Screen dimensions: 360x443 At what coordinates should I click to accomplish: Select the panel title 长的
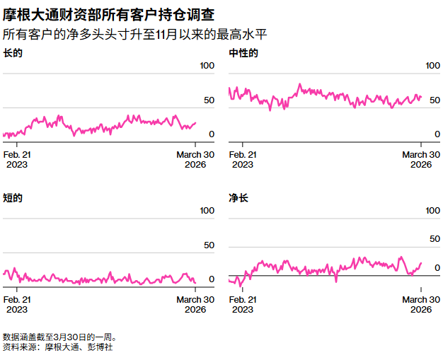point(13,53)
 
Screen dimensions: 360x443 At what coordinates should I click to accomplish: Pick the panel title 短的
point(13,198)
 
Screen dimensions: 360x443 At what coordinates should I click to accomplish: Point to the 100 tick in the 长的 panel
point(207,66)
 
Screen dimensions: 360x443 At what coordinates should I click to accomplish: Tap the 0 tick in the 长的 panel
point(211,134)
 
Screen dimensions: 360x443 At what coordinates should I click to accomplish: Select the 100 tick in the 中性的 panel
point(432,66)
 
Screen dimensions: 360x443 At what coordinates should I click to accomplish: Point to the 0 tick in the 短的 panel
point(211,279)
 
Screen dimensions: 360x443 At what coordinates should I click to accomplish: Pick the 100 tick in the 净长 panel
point(432,211)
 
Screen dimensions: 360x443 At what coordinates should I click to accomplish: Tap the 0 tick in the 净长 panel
point(437,267)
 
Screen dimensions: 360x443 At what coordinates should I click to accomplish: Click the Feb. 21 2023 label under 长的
point(17,159)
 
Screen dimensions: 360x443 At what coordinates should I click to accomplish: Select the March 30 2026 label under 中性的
point(421,159)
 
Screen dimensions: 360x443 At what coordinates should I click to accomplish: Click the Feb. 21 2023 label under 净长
point(243,304)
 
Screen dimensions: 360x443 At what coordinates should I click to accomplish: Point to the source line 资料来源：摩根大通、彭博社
point(58,347)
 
